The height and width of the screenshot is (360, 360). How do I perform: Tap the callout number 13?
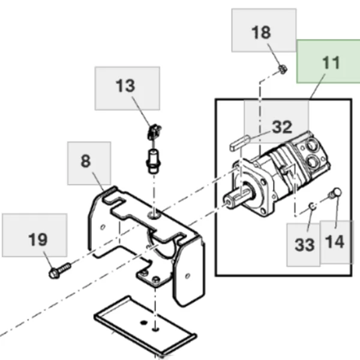point(126,86)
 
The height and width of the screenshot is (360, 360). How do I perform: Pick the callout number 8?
point(86,161)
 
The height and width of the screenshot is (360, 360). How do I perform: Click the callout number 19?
point(37,240)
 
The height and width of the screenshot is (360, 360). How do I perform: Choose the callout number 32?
point(281,127)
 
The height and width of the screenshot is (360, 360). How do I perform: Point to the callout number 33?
point(305,244)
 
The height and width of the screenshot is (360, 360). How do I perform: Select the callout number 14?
point(335,242)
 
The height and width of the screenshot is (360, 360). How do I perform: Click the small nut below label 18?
point(283,70)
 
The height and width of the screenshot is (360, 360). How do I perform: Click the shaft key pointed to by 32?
point(239,144)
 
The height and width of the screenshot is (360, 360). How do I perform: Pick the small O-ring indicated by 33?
point(312,207)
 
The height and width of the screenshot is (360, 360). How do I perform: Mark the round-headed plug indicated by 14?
point(335,193)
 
